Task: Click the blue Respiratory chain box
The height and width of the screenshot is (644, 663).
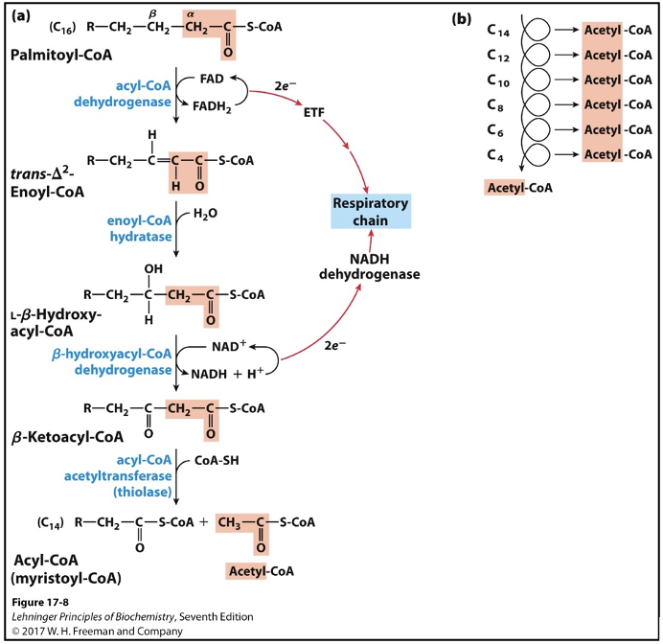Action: coord(371,211)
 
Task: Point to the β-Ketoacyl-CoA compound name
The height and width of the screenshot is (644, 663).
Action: coord(68,436)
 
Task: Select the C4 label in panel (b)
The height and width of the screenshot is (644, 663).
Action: coord(497,153)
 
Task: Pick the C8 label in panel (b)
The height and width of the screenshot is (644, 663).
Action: coord(497,104)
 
